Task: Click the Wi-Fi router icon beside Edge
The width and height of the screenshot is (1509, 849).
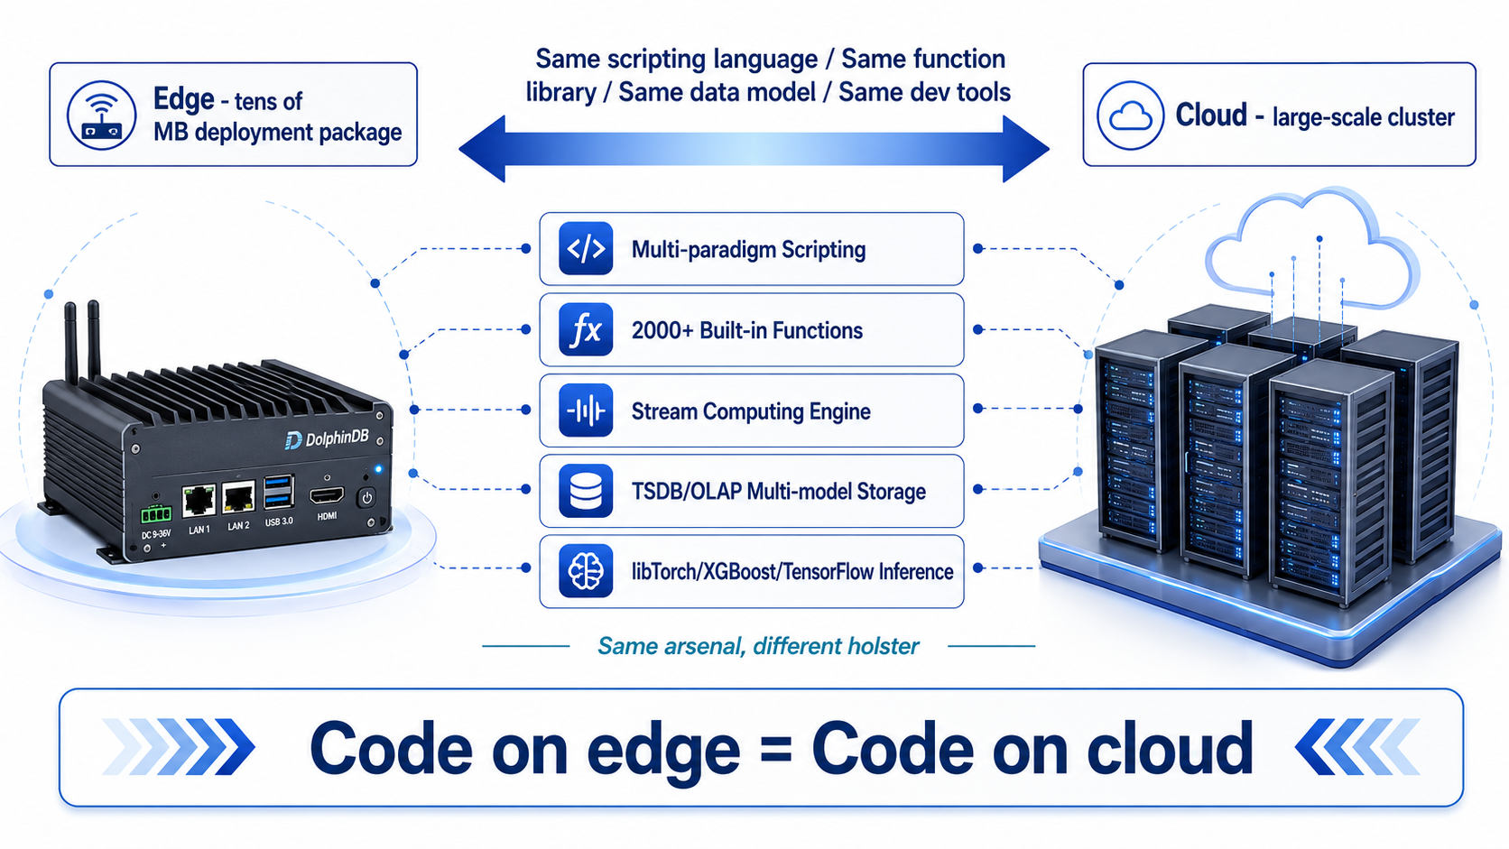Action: click(101, 115)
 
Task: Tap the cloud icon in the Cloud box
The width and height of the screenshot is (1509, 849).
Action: click(1131, 115)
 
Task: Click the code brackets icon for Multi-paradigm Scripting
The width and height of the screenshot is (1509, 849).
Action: click(586, 248)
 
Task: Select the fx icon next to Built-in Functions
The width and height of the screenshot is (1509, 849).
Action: click(586, 330)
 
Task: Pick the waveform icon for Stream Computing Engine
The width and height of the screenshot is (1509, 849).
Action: click(586, 410)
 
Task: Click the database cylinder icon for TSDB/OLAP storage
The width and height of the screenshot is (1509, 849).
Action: click(586, 491)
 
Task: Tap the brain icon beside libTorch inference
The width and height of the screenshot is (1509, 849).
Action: click(586, 571)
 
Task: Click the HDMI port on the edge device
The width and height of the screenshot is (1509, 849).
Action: click(327, 496)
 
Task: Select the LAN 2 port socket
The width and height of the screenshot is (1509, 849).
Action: click(238, 497)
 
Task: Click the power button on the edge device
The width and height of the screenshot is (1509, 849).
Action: click(367, 498)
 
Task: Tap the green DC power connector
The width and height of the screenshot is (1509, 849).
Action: click(155, 515)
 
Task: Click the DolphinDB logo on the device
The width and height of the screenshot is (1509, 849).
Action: click(327, 439)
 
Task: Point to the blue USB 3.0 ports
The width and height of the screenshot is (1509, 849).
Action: click(279, 492)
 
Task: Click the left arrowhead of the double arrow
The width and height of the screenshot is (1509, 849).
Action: click(482, 149)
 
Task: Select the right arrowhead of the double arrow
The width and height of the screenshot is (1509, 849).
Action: click(1026, 149)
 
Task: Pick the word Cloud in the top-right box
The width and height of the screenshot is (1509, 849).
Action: click(1211, 115)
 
